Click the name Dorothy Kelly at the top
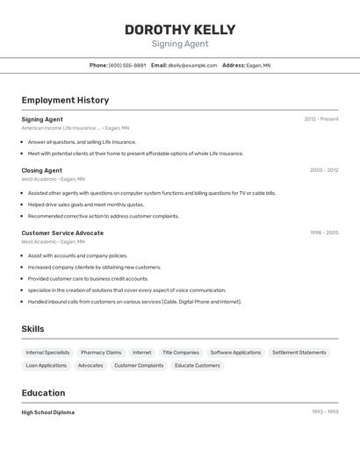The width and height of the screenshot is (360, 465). (180, 29)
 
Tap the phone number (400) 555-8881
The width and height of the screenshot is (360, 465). (127, 65)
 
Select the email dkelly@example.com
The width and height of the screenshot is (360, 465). (192, 65)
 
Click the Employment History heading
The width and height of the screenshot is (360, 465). (65, 100)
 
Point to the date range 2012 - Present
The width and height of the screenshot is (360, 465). (321, 119)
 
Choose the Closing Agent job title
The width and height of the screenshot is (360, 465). (41, 170)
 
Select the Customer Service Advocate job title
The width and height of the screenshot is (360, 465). (62, 233)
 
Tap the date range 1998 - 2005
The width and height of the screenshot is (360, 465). (324, 233)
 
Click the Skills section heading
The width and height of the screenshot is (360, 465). (32, 329)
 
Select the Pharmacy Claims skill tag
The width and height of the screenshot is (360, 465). (100, 353)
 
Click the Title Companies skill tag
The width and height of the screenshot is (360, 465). (181, 353)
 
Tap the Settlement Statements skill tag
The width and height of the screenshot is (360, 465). (299, 353)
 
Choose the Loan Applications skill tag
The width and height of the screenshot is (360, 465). (46, 365)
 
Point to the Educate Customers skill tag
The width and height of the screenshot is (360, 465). (197, 365)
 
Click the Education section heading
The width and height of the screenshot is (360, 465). (43, 393)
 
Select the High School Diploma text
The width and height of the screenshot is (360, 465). (47, 412)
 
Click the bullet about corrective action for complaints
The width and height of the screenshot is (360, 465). (103, 216)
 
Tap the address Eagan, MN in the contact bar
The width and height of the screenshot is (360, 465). (258, 65)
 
